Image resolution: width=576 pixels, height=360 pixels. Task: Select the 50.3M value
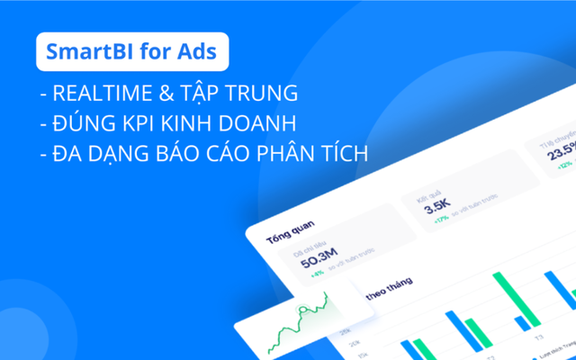[319, 262]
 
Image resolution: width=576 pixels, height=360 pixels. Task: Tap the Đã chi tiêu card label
[310, 246]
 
